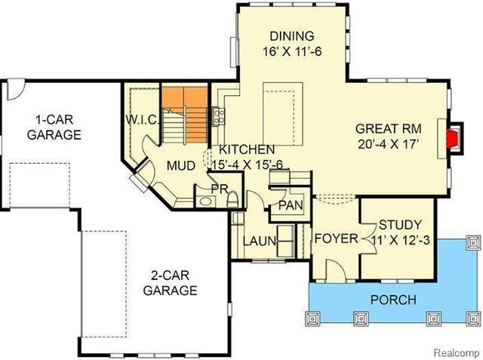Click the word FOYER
(x=336, y=239)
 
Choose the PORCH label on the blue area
(x=392, y=300)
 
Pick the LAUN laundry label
(x=259, y=242)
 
